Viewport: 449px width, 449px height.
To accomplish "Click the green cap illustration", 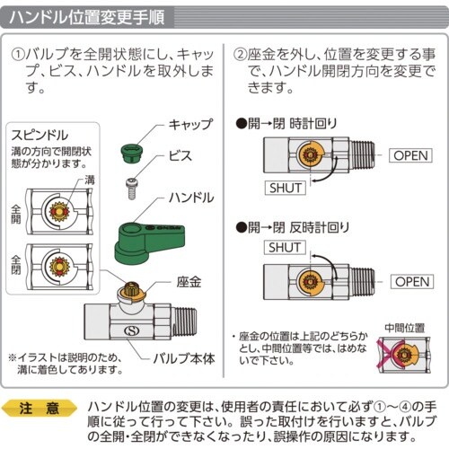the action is pyautogui.click(x=132, y=154).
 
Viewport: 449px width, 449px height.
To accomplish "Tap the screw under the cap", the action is pyautogui.click(x=131, y=189).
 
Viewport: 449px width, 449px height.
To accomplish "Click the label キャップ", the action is pyautogui.click(x=190, y=124).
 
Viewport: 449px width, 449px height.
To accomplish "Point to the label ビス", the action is pyautogui.click(x=180, y=155).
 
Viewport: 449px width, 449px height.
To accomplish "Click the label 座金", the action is pyautogui.click(x=189, y=282).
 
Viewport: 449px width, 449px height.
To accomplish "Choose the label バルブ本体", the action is pyautogui.click(x=184, y=358).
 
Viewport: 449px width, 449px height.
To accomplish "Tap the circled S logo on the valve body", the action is pyautogui.click(x=132, y=330).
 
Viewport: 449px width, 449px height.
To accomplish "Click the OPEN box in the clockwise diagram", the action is pyautogui.click(x=410, y=155).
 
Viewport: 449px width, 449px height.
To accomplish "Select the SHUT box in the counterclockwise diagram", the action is pyautogui.click(x=285, y=248).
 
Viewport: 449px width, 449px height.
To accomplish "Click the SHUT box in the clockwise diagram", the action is pyautogui.click(x=286, y=188).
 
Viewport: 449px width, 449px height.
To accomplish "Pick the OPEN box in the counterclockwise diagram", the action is pyautogui.click(x=412, y=282).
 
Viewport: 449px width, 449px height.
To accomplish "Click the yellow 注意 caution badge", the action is pyautogui.click(x=40, y=409).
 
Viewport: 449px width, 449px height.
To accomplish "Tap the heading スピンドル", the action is pyautogui.click(x=40, y=136).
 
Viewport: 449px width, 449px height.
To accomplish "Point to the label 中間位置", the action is pyautogui.click(x=405, y=328).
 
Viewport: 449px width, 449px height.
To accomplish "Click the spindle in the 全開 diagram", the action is pyautogui.click(x=59, y=212).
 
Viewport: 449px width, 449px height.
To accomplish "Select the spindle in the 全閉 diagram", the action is pyautogui.click(x=59, y=266).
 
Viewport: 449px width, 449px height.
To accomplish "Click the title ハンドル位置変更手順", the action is pyautogui.click(x=87, y=17).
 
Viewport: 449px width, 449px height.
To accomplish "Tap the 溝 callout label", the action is pyautogui.click(x=90, y=180).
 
